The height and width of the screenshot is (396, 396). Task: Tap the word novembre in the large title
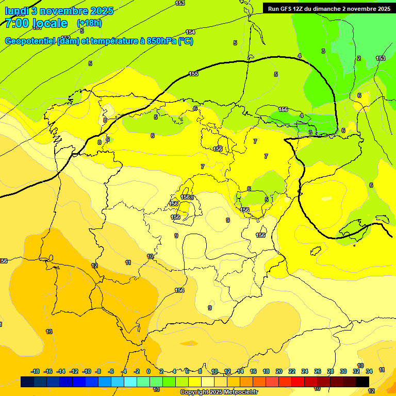pyautogui.click(x=63, y=10)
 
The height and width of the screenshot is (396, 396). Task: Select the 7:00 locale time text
pyautogui.click(x=36, y=23)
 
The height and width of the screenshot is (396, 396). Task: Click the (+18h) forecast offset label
pyautogui.click(x=89, y=23)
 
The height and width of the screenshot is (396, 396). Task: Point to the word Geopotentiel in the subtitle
pyautogui.click(x=30, y=41)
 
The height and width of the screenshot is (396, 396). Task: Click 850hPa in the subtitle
pyautogui.click(x=161, y=41)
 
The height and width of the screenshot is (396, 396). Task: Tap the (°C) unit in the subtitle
pyautogui.click(x=186, y=41)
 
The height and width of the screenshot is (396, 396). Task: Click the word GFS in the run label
pyautogui.click(x=287, y=9)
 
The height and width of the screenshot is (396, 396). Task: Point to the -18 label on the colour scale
pyautogui.click(x=35, y=372)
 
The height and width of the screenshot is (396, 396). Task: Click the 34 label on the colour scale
pyautogui.click(x=369, y=372)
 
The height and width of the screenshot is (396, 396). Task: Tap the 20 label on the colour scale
pyautogui.click(x=279, y=372)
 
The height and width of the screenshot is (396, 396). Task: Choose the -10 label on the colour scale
pyautogui.click(x=87, y=372)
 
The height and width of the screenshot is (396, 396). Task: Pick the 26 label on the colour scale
pyautogui.click(x=317, y=372)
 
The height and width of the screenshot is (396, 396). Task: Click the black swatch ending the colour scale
pyautogui.click(x=362, y=382)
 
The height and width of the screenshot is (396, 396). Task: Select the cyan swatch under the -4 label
pyautogui.click(x=130, y=382)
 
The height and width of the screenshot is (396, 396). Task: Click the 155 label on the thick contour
pyautogui.click(x=193, y=74)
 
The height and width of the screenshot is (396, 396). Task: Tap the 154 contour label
pyautogui.click(x=190, y=32)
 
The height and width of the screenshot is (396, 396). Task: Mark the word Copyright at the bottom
pyautogui.click(x=194, y=392)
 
